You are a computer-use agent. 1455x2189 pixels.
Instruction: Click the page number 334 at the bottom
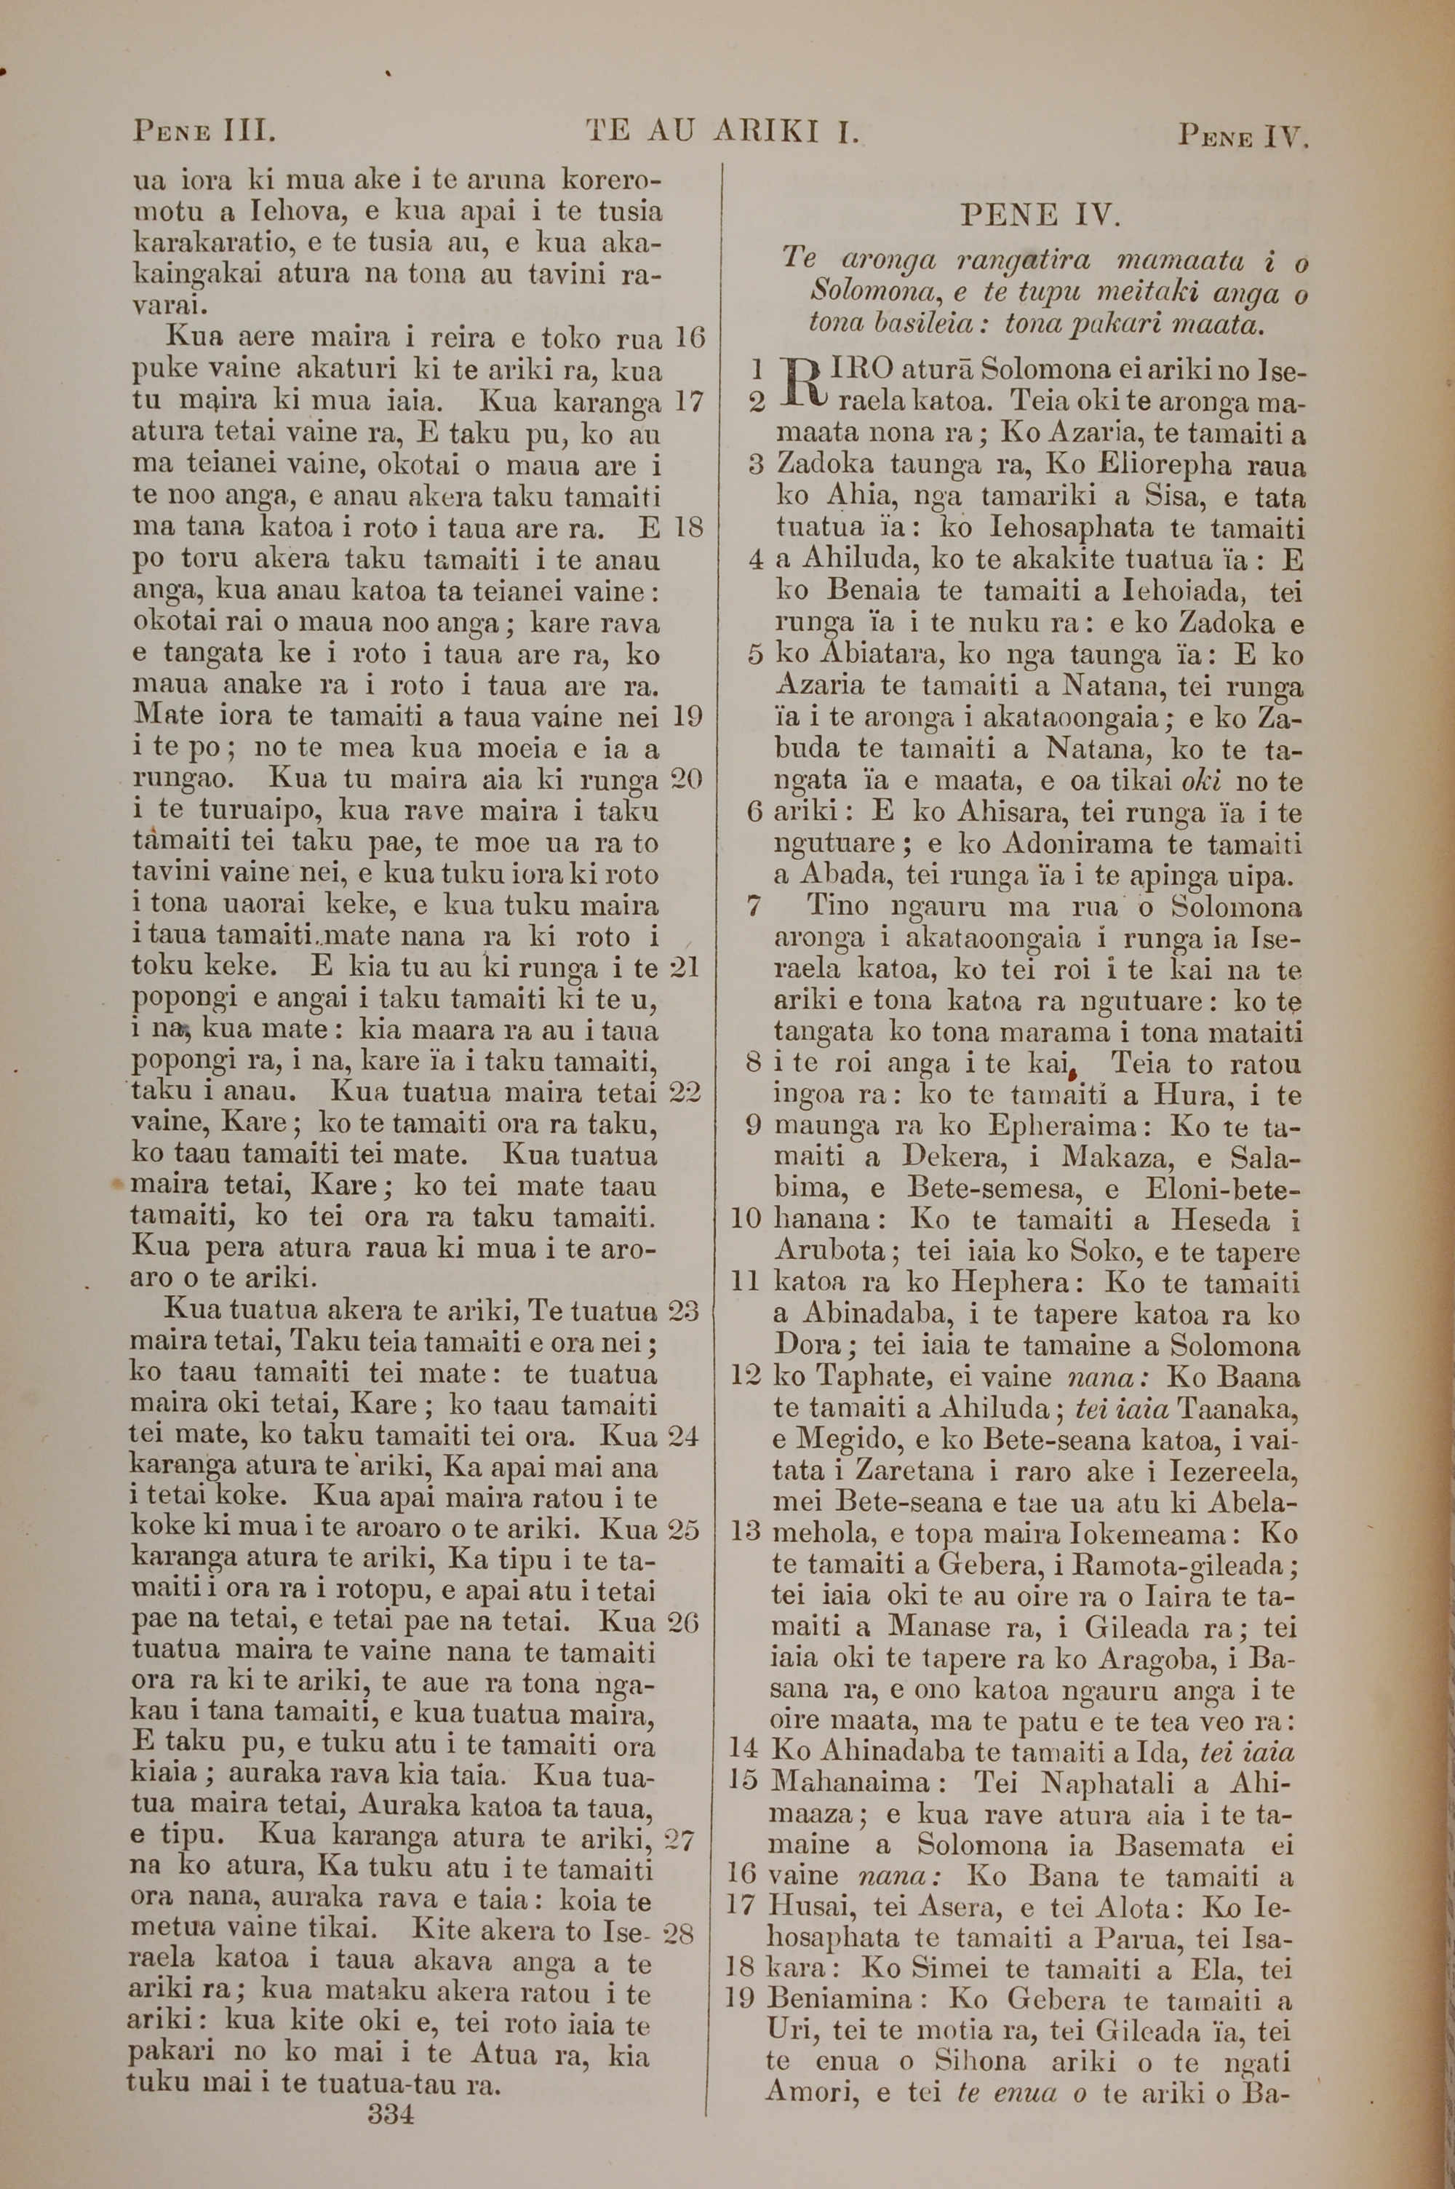tap(390, 2089)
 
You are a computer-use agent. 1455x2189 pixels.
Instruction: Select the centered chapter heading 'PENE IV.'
tap(1040, 216)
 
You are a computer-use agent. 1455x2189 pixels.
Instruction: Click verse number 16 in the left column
tap(688, 338)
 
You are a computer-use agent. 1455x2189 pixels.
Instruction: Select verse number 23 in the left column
tap(683, 1311)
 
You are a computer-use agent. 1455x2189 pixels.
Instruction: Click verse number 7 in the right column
tap(754, 907)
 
